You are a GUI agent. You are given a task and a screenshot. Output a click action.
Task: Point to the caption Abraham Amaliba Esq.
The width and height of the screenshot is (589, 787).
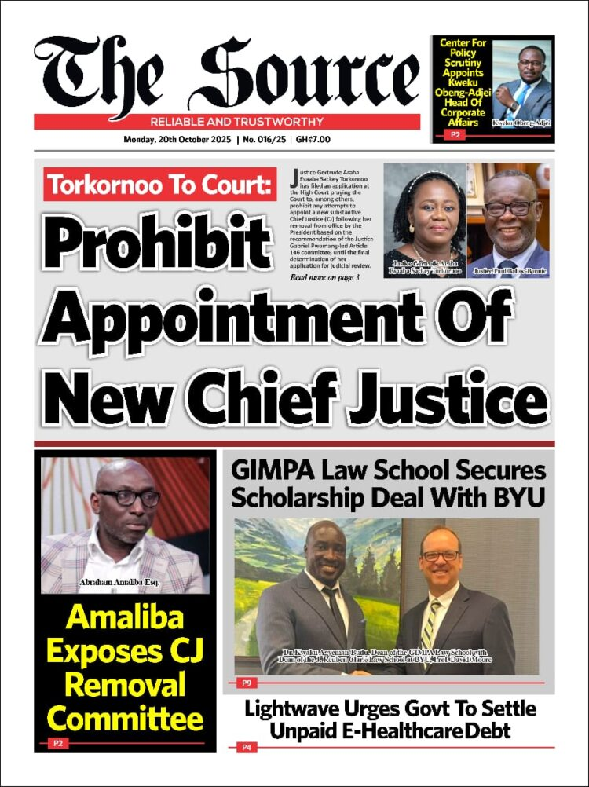click(125, 582)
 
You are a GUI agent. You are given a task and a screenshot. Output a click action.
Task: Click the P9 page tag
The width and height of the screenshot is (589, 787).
click(245, 683)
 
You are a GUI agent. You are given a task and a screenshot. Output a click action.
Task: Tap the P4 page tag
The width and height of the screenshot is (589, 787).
click(245, 748)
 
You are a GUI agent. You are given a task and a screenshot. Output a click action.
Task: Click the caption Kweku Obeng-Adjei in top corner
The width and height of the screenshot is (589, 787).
click(521, 123)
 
